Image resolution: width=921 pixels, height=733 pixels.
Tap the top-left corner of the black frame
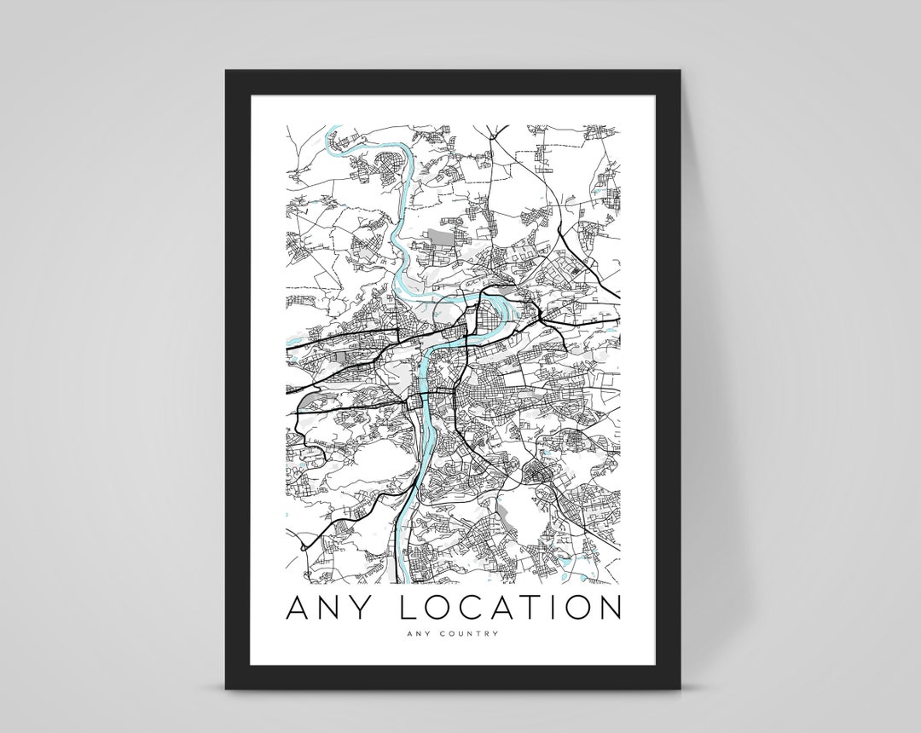click(228, 72)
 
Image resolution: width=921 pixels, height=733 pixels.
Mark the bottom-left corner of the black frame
click(228, 686)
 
